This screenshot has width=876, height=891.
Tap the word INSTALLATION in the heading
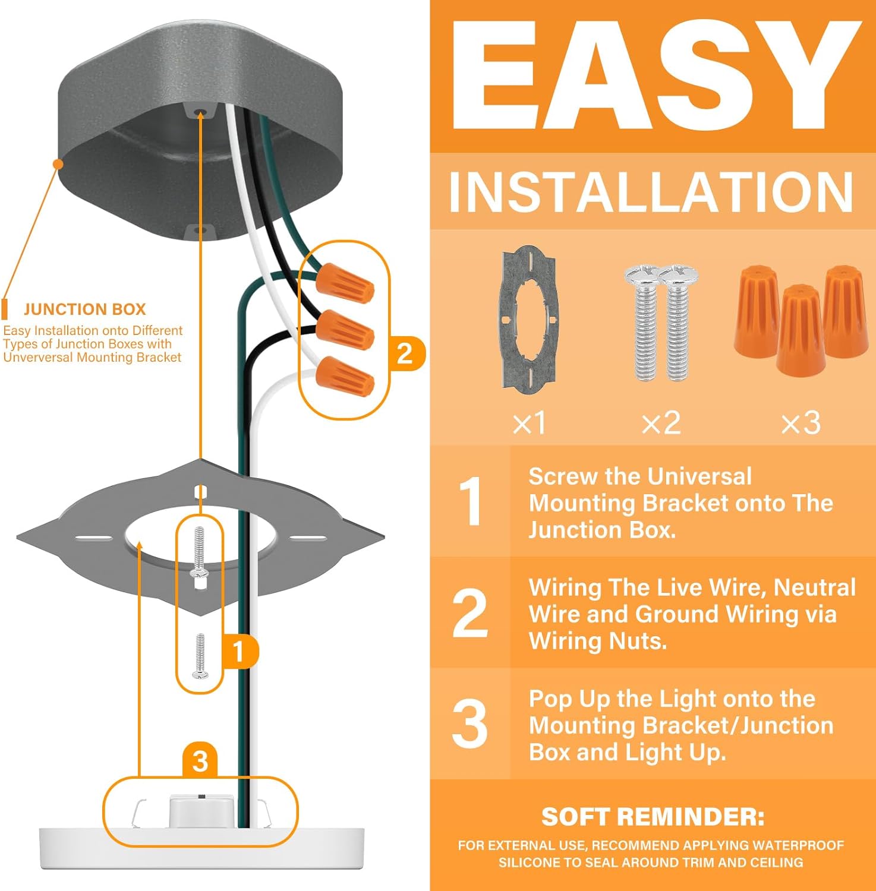coord(651,192)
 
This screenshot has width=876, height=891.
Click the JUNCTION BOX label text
coord(84,309)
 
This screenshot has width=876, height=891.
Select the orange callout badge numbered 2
coord(405,354)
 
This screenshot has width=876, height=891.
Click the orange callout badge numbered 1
coord(239,652)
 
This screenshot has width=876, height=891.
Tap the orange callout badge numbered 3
coord(200,761)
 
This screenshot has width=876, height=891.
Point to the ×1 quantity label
coord(529,423)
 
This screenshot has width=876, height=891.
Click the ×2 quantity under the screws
coord(661,423)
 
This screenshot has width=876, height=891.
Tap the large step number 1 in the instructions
coord(471,502)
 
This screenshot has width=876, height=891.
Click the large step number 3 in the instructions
coord(469,724)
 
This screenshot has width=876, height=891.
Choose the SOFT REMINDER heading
coord(653,817)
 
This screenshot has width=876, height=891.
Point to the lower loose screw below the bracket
coord(200,656)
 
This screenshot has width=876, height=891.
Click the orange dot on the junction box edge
coord(58,164)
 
